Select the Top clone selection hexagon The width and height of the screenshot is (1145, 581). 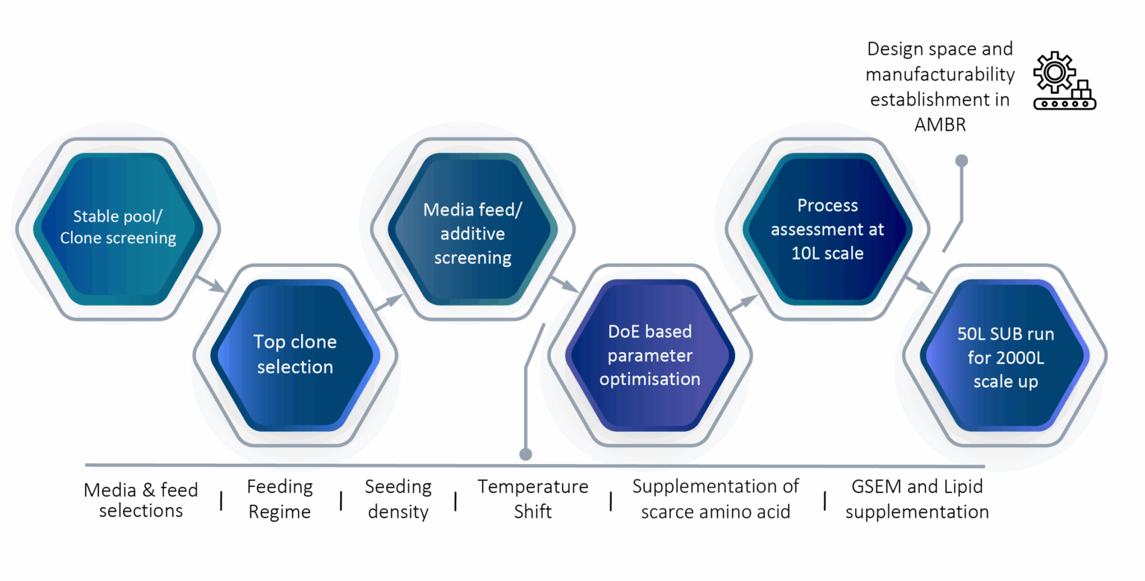click(x=295, y=354)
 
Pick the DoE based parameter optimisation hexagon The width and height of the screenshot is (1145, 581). click(x=650, y=354)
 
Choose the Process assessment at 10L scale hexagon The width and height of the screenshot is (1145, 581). click(x=827, y=228)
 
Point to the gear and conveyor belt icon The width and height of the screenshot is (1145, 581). click(x=1064, y=81)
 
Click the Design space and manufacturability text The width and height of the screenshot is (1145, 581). click(x=940, y=87)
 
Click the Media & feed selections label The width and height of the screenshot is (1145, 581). click(x=141, y=500)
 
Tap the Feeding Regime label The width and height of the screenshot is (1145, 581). click(x=280, y=499)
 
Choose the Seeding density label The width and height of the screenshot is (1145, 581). click(x=398, y=499)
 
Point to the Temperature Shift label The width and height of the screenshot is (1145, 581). click(x=532, y=499)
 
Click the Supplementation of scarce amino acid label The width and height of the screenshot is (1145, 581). click(x=716, y=499)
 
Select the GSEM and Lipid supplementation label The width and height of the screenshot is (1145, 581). click(x=917, y=499)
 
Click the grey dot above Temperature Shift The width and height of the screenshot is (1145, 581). click(x=526, y=453)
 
